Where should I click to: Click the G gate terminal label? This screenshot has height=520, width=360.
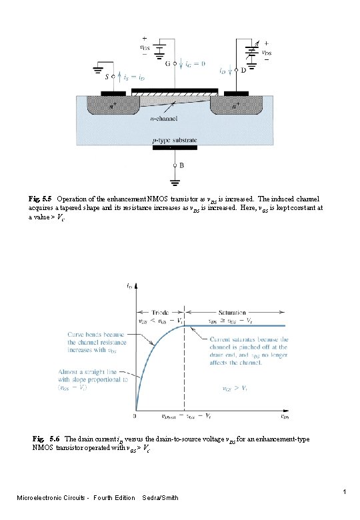click(167, 65)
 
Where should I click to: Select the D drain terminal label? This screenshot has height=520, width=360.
click(244, 69)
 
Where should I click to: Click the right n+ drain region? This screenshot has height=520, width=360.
click(235, 105)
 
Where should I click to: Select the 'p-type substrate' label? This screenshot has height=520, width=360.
click(175, 141)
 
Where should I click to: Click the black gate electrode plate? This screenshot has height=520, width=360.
click(175, 91)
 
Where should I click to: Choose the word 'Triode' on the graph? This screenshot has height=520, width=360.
click(161, 312)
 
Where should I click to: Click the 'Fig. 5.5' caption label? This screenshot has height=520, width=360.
click(41, 199)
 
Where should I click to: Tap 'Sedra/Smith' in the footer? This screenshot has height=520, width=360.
click(160, 498)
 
